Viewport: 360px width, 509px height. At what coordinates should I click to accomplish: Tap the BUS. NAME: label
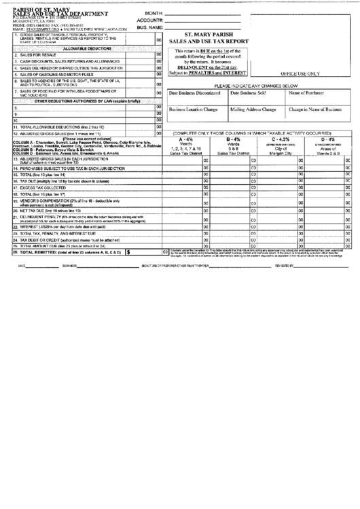pos(150,29)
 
